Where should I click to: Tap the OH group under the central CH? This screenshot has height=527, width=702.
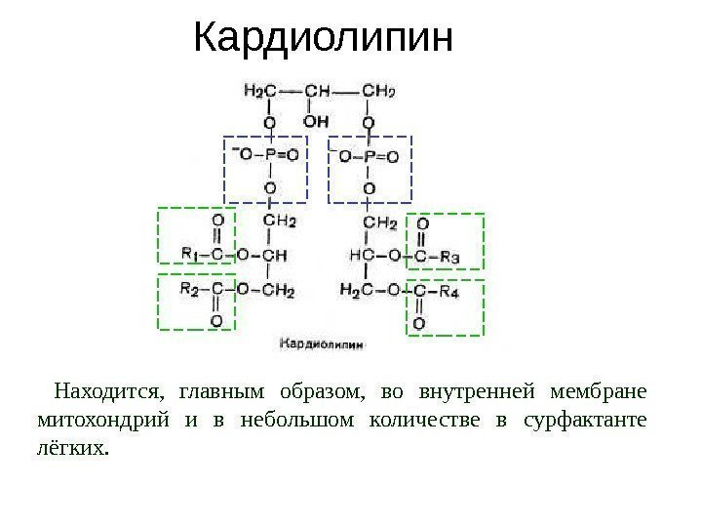(317, 123)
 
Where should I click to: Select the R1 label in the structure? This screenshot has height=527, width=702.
(190, 254)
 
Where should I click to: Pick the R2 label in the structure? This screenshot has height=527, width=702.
(190, 290)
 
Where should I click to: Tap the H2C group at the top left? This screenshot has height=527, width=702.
(258, 92)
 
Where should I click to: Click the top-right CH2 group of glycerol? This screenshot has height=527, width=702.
(378, 92)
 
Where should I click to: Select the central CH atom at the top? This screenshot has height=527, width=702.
(318, 92)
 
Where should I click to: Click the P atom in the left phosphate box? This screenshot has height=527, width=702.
(270, 154)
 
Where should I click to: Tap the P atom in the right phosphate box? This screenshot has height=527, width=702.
(369, 156)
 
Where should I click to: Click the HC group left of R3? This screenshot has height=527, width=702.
(360, 256)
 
